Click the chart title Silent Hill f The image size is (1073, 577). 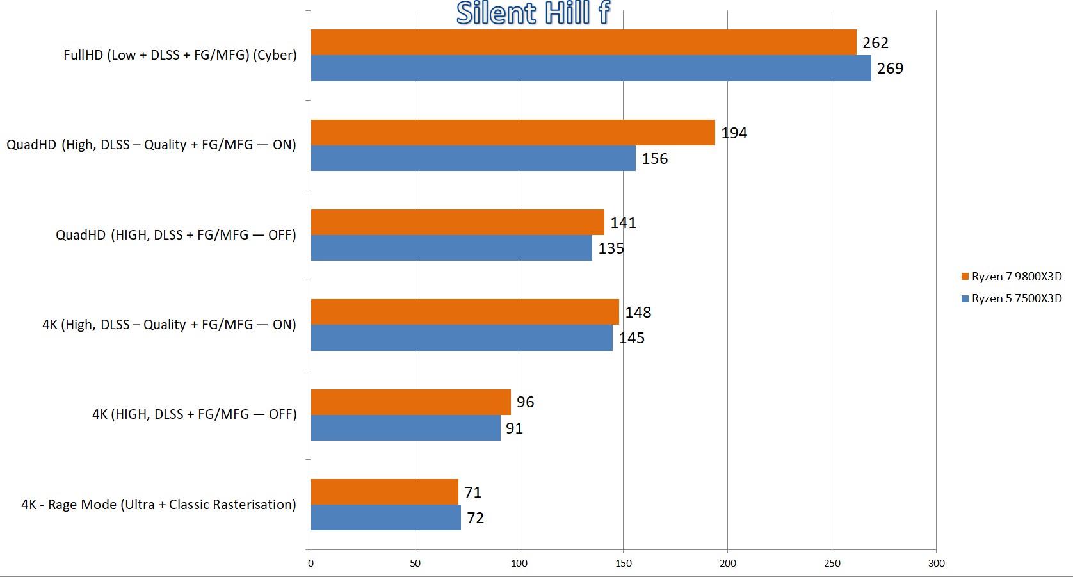533,13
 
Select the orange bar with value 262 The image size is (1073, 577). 583,42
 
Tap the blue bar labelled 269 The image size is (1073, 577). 590,69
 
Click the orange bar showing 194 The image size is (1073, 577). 512,133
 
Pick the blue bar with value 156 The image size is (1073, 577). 472,158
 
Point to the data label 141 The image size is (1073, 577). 623,223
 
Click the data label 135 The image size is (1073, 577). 611,248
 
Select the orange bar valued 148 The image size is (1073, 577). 465,312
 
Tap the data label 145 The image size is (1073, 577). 631,338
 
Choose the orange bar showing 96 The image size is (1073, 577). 410,402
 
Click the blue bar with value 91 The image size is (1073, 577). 405,428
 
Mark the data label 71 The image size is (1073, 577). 472,492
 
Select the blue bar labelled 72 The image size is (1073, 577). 385,517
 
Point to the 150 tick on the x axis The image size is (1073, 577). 623,564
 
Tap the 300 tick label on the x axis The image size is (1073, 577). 936,564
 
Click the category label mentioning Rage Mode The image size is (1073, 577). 159,505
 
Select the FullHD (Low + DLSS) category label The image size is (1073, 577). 180,55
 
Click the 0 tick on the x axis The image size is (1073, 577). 311,564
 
